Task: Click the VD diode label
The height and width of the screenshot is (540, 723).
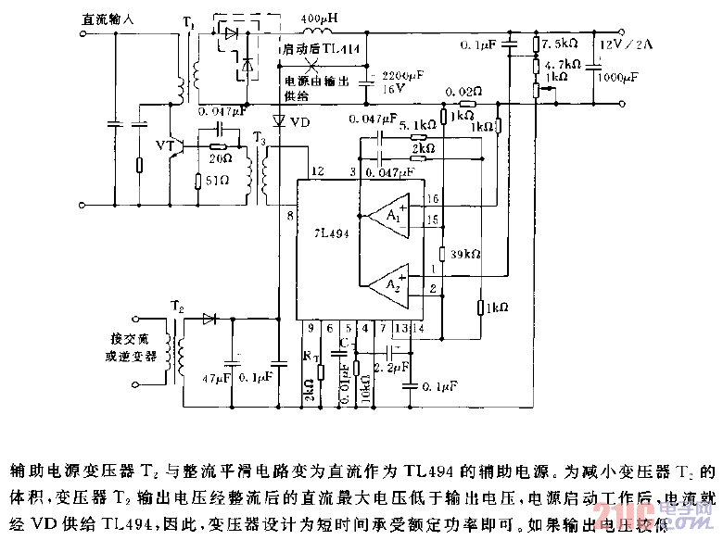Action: [x=299, y=121]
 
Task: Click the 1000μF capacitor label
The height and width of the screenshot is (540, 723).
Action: [x=617, y=81]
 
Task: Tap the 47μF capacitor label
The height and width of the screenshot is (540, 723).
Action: [x=216, y=377]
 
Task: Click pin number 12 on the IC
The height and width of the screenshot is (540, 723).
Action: [x=317, y=172]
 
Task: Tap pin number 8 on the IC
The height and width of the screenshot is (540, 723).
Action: [x=289, y=216]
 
